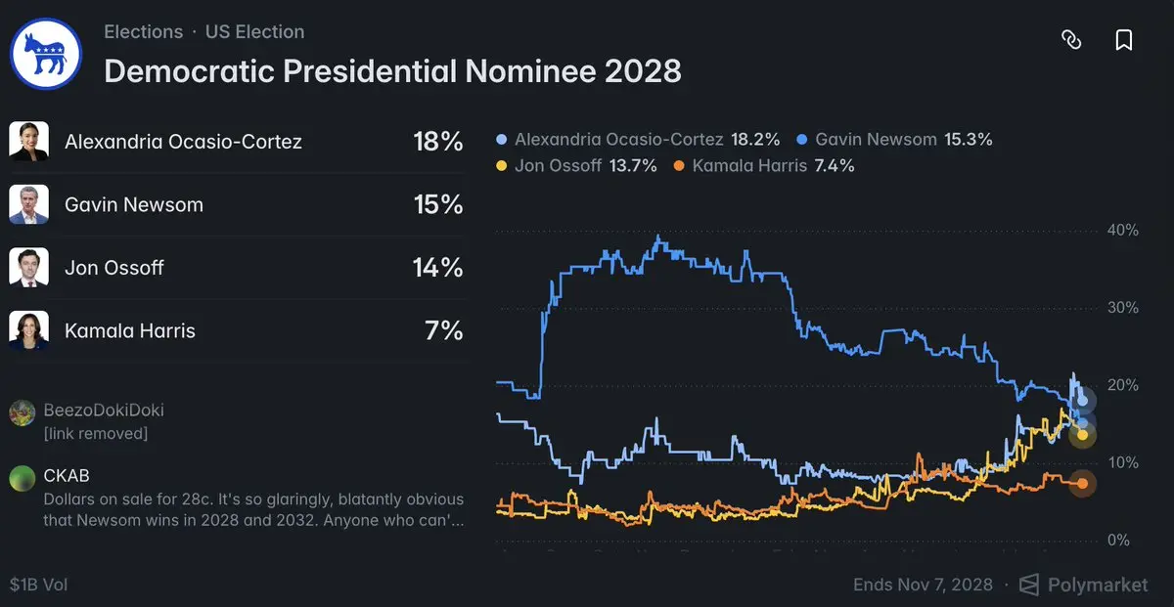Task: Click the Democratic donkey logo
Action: [46, 54]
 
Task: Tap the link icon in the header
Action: [1071, 40]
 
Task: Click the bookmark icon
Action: [1124, 40]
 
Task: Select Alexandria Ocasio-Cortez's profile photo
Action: [28, 141]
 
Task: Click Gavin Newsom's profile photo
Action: [28, 204]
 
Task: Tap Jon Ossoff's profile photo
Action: [28, 267]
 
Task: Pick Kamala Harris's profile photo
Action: [28, 330]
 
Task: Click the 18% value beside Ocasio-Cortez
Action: [438, 142]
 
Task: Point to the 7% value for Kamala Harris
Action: [444, 330]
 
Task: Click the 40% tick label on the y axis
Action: [1123, 230]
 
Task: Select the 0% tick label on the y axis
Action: [1118, 540]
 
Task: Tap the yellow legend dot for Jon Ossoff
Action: [502, 166]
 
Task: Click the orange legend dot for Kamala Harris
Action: [679, 166]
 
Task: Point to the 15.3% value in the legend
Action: [968, 140]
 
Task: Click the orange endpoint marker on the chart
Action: [1082, 484]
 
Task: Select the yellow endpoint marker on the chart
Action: [1082, 435]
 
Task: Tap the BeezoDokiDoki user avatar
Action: [22, 412]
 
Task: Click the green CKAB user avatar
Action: [22, 478]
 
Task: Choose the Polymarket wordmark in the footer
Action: [1098, 585]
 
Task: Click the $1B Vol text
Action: [39, 585]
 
